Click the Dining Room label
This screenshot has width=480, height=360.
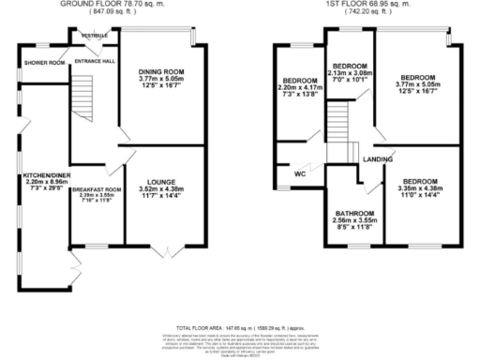(x=161, y=71)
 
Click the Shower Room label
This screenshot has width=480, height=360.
(x=44, y=63)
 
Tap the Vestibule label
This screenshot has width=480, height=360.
(x=94, y=36)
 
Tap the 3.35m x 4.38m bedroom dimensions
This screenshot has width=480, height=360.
(x=419, y=187)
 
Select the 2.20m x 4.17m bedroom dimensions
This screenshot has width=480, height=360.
(x=298, y=89)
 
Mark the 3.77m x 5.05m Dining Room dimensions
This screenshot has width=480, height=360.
(x=161, y=80)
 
